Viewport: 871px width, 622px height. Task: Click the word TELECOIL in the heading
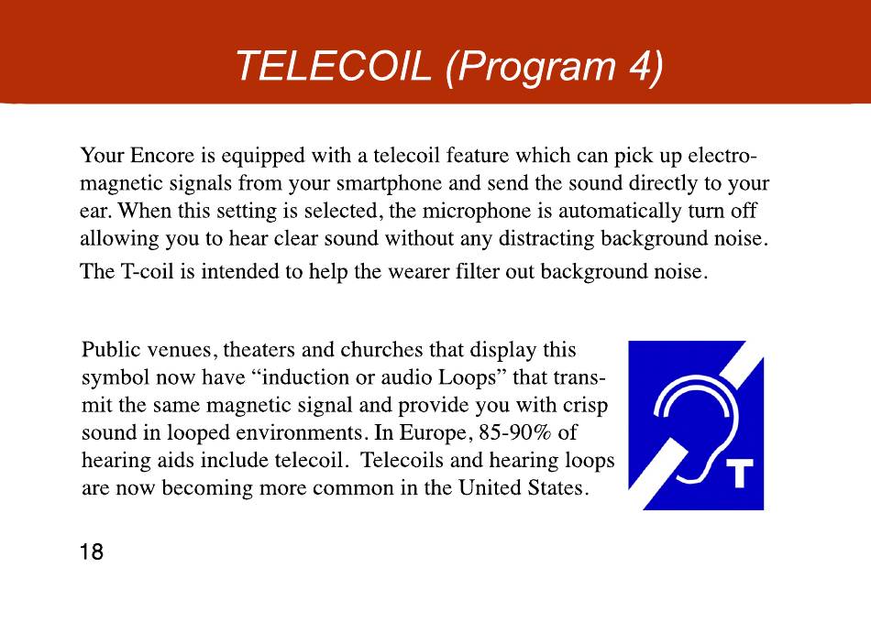[334, 65]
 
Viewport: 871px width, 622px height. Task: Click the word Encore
[162, 156]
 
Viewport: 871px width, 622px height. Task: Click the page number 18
[92, 551]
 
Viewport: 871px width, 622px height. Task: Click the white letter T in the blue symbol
[739, 474]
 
